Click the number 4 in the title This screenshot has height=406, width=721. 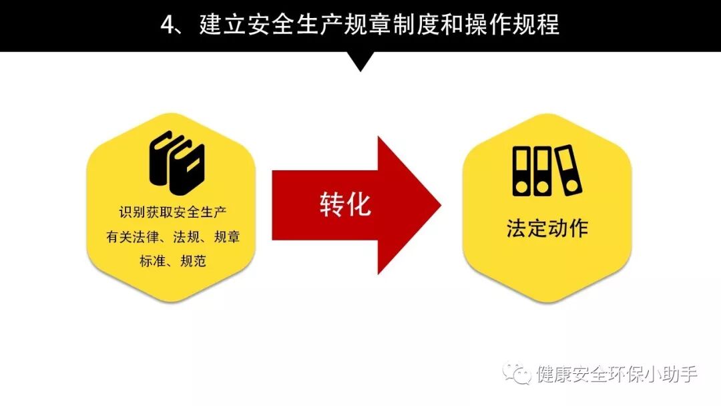[168, 25]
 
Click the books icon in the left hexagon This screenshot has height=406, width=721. [176, 158]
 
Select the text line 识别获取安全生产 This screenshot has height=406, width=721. [173, 214]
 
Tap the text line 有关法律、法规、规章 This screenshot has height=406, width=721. [173, 238]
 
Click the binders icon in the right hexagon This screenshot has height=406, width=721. [547, 171]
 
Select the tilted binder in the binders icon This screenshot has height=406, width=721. [569, 170]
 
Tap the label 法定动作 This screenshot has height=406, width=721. [547, 228]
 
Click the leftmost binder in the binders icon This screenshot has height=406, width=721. [521, 171]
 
